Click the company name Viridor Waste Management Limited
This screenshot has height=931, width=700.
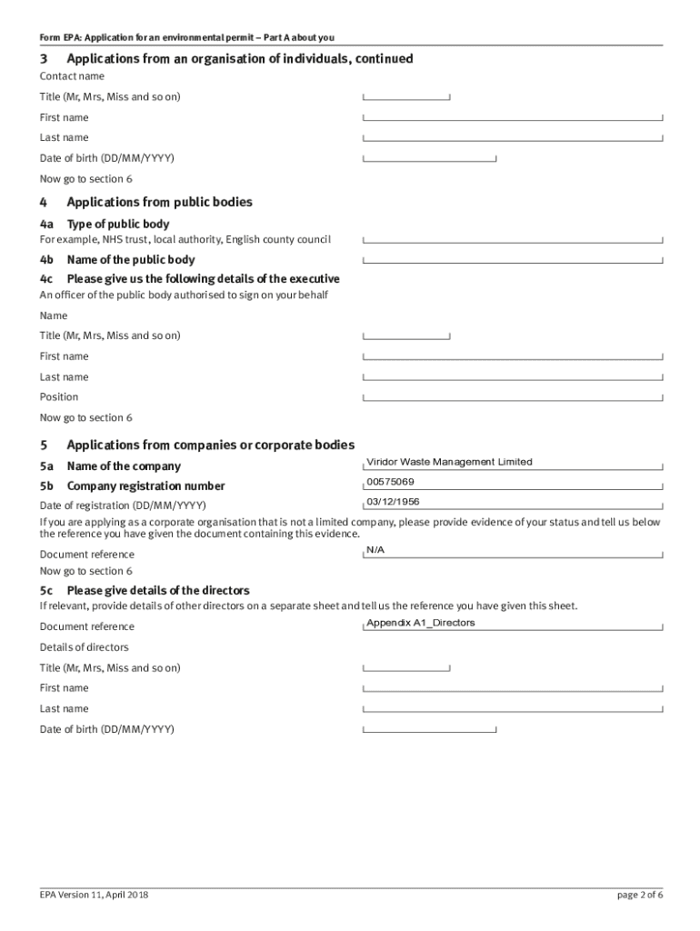point(449,462)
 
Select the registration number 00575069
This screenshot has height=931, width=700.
point(390,482)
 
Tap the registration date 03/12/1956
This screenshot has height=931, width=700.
point(393,502)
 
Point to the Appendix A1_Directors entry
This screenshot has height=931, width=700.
point(420,623)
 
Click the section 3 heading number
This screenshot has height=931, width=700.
point(44,59)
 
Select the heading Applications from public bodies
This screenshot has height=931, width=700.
point(159,202)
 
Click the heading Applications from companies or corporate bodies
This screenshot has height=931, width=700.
point(210,445)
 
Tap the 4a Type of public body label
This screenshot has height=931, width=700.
point(105,224)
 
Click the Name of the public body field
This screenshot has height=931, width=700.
point(513,260)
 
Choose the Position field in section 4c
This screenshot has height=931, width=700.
point(513,397)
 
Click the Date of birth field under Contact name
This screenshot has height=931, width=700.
point(429,158)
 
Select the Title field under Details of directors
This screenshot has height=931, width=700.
point(406,668)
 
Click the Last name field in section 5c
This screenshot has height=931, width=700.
point(513,709)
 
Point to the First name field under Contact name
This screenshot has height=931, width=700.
point(513,117)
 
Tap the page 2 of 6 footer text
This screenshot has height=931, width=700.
point(639,895)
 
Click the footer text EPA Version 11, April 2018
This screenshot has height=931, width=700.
point(94,895)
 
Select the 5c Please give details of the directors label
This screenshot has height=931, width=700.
point(145,590)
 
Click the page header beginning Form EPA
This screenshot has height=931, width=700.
point(186,37)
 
